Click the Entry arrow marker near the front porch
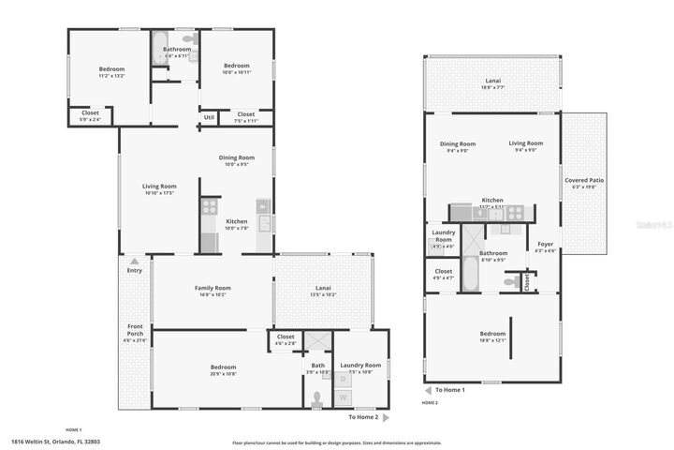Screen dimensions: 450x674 tap(134, 262)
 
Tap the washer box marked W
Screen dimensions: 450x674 tap(343, 397)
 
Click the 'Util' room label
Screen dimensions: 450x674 tap(208, 116)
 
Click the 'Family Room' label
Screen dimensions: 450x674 tap(212, 288)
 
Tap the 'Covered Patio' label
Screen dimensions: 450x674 tap(582, 180)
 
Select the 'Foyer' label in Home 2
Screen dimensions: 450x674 tap(545, 246)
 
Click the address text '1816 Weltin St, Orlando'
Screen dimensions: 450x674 tap(55, 440)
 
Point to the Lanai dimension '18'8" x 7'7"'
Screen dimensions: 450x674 tap(492, 88)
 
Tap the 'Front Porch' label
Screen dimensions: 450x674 tap(135, 330)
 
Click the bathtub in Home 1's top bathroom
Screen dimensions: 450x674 tap(159, 46)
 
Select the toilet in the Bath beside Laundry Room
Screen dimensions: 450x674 tap(317, 397)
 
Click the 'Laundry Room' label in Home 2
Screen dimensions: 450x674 tap(443, 235)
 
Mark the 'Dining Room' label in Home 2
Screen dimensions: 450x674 tap(458, 143)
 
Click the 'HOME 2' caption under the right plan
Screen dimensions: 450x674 tap(430, 402)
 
